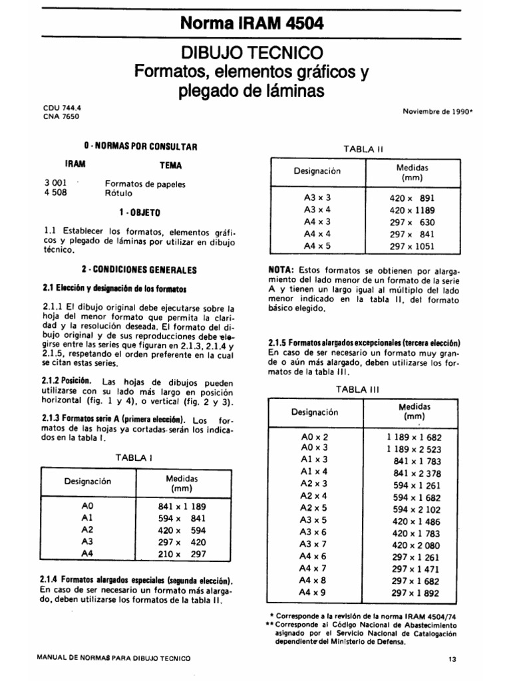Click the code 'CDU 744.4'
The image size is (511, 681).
click(60, 106)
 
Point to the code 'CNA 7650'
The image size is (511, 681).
click(60, 116)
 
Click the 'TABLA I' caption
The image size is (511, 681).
click(135, 458)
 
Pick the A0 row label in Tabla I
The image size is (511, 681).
click(86, 506)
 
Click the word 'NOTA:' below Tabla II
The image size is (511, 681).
click(281, 271)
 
